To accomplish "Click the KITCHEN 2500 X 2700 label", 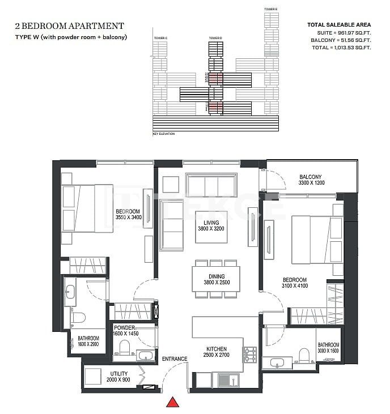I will coord(217,352).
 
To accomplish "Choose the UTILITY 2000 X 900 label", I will coord(118,376).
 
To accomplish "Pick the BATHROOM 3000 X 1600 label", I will coord(328,348).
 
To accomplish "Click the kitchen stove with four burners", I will coord(249,355).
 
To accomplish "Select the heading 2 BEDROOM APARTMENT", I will coord(67,25).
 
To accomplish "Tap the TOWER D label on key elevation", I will coord(215,38).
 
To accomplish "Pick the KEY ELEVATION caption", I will coord(164,134).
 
